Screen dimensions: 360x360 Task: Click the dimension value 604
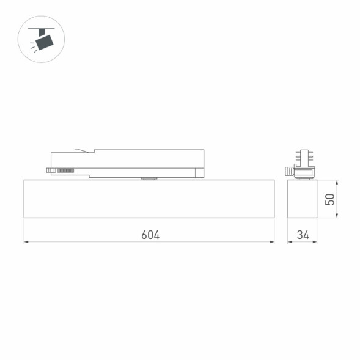(150, 235)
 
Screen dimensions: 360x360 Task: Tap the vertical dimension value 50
(330, 199)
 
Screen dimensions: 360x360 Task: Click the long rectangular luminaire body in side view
(149, 199)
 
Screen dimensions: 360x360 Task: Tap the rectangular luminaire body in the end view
(303, 199)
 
